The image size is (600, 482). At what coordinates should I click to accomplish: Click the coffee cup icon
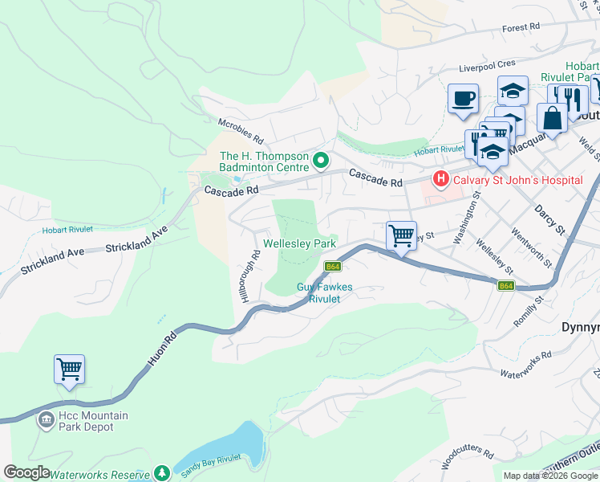[x=463, y=100]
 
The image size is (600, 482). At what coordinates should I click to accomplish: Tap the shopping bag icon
[x=553, y=118]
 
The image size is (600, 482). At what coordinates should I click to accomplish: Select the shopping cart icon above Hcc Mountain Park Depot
[x=69, y=370]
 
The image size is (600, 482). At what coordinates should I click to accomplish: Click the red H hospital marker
[x=440, y=179]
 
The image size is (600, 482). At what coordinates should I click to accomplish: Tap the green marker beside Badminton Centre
[x=321, y=161]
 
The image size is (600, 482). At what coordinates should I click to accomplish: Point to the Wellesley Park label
[x=299, y=243]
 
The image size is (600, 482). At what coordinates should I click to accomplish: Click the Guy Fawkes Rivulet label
[x=325, y=292]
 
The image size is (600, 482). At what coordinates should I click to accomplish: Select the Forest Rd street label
[x=521, y=28]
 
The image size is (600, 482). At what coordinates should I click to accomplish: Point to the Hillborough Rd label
[x=249, y=277]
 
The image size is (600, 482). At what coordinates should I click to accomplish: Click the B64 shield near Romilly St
[x=505, y=285]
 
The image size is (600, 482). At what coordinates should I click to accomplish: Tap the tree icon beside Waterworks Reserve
[x=162, y=473]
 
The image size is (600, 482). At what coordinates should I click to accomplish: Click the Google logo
[x=26, y=472]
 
